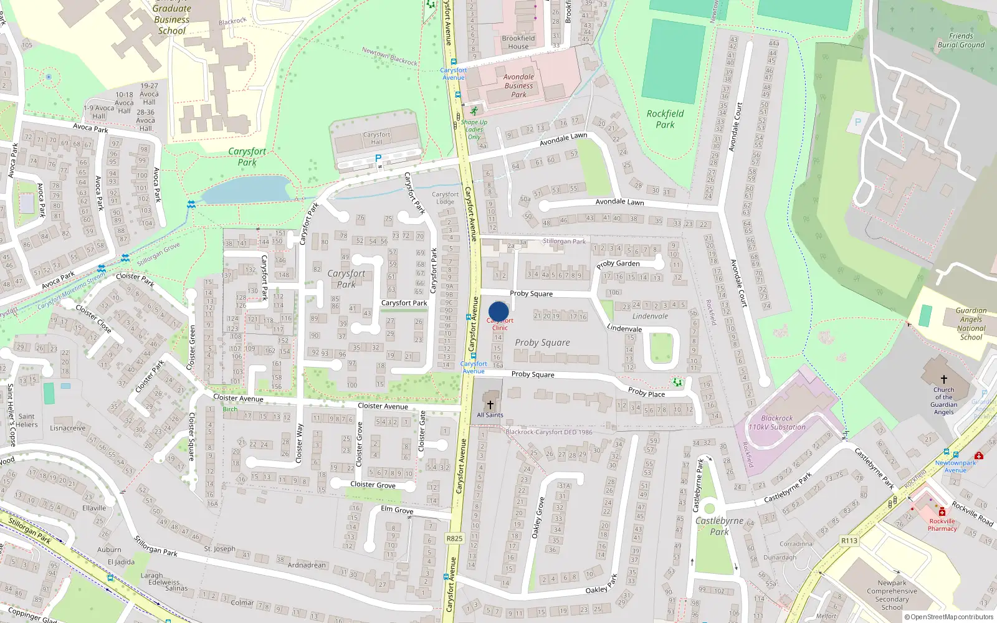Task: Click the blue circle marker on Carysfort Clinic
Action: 499,311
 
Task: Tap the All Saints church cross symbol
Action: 490,405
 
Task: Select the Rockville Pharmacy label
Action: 942,525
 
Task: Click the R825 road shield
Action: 454,538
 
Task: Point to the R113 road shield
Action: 849,541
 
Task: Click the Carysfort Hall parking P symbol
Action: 378,159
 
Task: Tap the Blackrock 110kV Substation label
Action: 777,423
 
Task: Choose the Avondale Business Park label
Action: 518,86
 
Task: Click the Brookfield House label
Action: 518,42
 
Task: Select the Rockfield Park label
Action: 665,118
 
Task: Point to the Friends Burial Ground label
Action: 961,40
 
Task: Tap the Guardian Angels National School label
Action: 971,324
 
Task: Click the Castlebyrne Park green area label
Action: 719,526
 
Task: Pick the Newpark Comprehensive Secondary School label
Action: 892,595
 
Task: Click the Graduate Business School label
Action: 171,19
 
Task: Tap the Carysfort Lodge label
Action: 445,197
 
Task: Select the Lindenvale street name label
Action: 624,328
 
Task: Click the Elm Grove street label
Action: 397,510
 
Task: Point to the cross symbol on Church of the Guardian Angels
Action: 943,379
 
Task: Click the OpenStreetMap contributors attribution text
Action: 949,617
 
